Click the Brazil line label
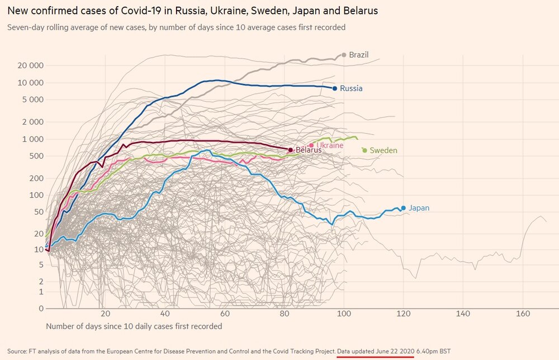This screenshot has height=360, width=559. point(358,55)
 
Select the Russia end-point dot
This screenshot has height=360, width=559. point(335,88)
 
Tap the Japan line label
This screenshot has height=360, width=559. point(419,208)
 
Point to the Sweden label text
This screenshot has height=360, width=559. point(383,150)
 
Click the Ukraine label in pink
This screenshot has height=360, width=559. point(330,145)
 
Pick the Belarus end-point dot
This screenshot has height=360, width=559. point(290,150)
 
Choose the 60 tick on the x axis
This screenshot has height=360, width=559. point(225,314)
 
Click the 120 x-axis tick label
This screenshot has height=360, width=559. point(402,314)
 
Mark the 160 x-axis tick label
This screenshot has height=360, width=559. point(522,314)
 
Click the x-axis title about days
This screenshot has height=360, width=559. point(134,326)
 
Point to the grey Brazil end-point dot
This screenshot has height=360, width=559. point(344,55)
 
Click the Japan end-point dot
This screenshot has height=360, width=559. point(403,208)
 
